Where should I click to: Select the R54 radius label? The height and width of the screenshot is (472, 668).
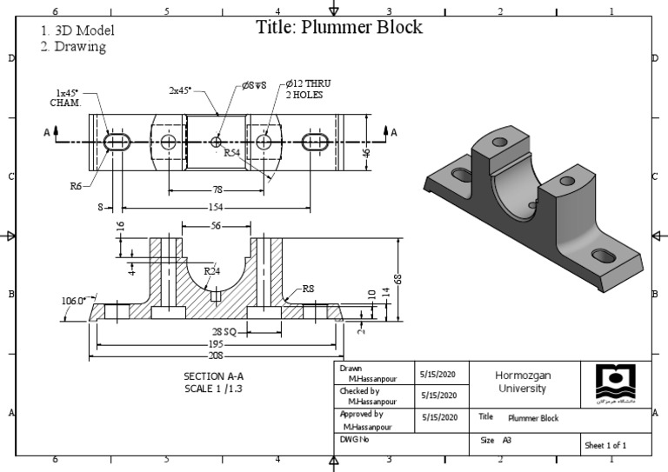tap(232, 152)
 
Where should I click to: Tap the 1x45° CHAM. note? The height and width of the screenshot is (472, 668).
tap(65, 97)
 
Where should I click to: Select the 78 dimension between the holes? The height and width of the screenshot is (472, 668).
tap(217, 189)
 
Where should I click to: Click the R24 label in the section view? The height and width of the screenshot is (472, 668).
tap(211, 270)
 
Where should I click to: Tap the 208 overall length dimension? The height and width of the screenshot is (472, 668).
tap(215, 355)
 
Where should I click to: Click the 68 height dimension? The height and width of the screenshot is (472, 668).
tap(397, 278)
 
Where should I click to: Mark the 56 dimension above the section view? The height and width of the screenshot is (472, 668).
tap(217, 225)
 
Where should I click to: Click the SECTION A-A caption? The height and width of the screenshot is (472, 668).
tap(214, 376)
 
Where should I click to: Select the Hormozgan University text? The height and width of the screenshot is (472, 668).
tap(523, 382)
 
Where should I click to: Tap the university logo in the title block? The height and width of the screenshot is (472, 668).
tap(616, 382)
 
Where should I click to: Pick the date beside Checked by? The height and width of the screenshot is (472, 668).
tap(438, 396)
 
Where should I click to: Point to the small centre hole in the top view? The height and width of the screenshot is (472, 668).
tap(217, 142)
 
